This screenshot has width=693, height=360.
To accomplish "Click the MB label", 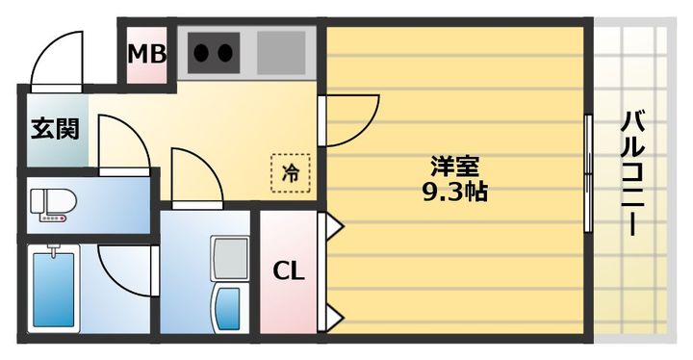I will coord(148,54).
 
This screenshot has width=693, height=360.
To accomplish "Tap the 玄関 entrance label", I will coord(54,128).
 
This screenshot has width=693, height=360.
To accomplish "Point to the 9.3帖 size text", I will coord(453,191).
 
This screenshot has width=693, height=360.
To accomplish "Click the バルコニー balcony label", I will coord(632,173).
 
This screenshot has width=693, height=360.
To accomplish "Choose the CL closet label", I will coord(288,270).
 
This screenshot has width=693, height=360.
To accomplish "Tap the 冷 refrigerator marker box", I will coord(290,172).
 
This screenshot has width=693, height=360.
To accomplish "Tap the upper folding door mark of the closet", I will coord(334,226).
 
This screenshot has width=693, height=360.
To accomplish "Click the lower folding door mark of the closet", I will coord(334,315).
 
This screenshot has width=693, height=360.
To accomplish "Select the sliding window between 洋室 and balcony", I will coord(588,173).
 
